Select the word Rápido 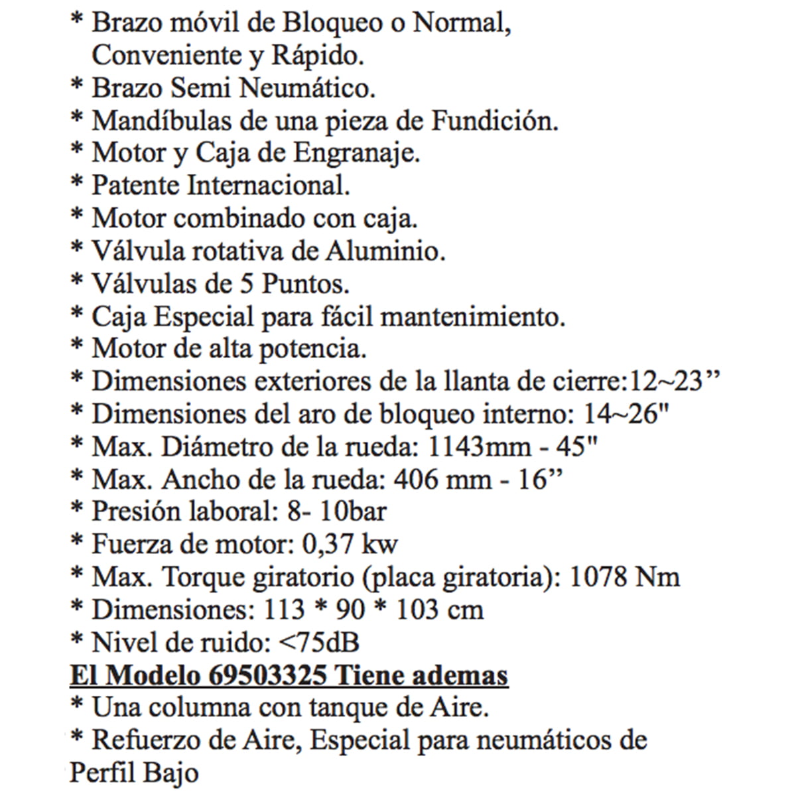(318, 56)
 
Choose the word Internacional (269, 186)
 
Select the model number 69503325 (267, 675)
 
